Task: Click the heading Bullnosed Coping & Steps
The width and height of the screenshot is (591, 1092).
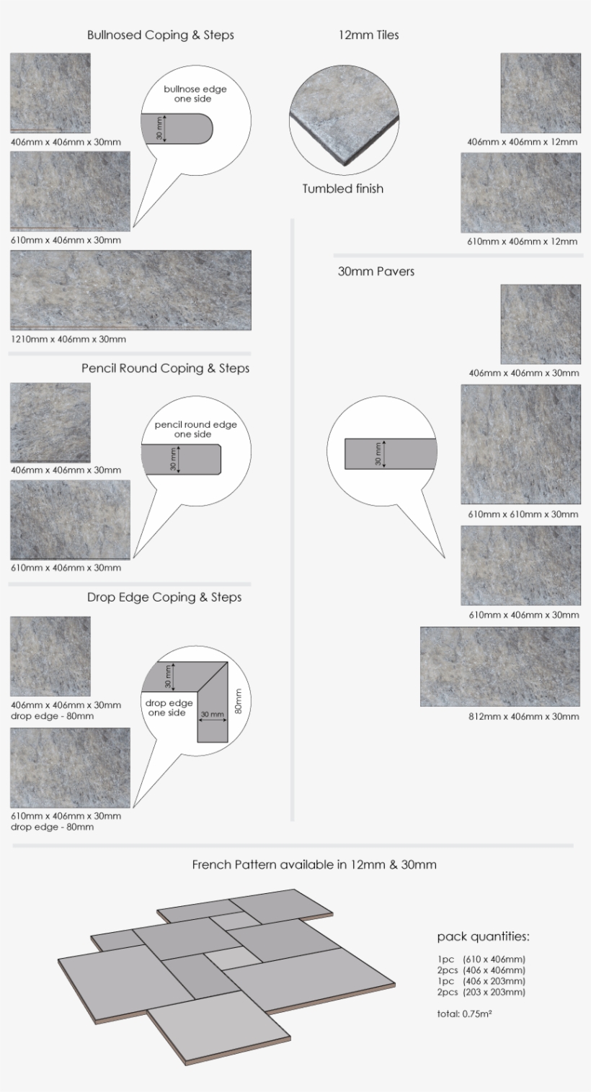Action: pos(160,35)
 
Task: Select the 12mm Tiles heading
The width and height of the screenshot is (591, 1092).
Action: pos(368,35)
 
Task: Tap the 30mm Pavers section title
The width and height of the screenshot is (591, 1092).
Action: pos(376,272)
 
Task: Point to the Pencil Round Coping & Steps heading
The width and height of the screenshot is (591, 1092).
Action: pos(165,368)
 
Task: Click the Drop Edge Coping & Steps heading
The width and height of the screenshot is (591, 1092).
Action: pos(164,597)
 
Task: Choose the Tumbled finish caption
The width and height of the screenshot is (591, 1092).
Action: pos(342,189)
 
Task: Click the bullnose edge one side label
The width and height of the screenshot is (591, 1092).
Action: pos(195,94)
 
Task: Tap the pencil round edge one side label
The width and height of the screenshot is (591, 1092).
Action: pos(195,429)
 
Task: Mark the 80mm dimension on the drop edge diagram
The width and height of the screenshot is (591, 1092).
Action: pos(239,701)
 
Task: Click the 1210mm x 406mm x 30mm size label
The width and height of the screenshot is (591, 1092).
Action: pos(68,339)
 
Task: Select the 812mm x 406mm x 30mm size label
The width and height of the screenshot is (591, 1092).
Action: pos(523,717)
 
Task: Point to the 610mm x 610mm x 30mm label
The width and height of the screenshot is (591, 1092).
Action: pos(523,514)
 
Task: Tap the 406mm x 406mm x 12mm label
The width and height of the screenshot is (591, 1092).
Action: pos(522,142)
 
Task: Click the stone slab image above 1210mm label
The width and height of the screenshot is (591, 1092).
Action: pos(130,290)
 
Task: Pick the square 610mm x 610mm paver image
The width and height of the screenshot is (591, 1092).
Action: pos(520,444)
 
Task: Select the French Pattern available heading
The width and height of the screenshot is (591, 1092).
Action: pos(314,864)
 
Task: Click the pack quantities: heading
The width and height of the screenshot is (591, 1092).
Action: pos(483,937)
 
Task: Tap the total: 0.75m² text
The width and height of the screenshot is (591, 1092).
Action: pos(464,1014)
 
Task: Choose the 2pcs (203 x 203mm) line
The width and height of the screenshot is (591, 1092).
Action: pos(481,992)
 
